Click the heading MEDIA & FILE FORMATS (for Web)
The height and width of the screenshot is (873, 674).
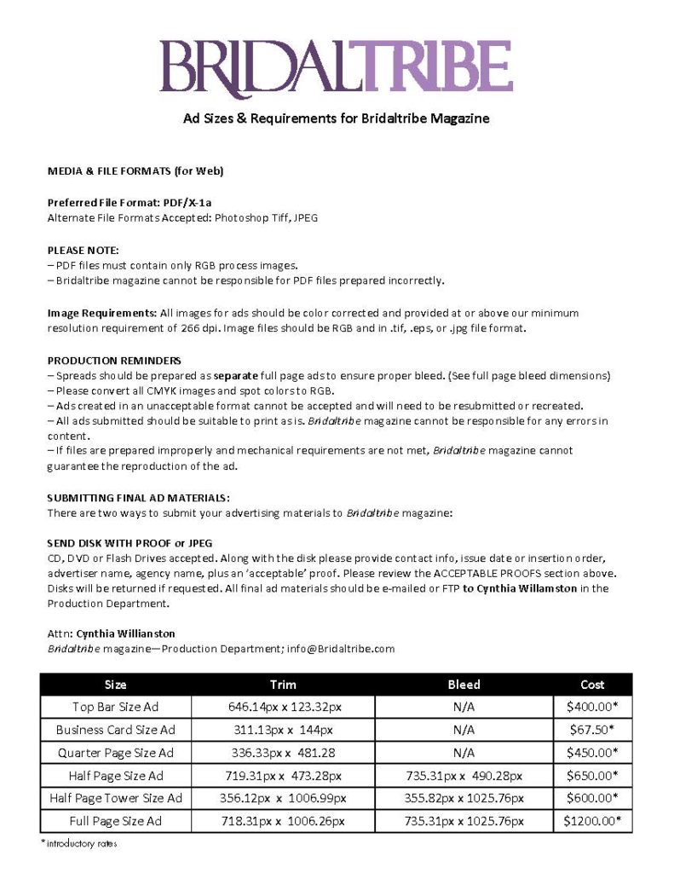pos(135,171)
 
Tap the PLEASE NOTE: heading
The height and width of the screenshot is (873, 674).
pos(84,250)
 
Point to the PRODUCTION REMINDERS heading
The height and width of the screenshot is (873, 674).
pos(114,361)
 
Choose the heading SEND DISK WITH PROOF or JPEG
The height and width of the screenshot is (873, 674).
pos(130,542)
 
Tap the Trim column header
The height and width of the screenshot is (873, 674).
pos(283,685)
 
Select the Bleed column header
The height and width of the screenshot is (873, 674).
pos(464,685)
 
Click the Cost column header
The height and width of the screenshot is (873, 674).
pos(592,685)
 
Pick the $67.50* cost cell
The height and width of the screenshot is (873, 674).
pos(592,730)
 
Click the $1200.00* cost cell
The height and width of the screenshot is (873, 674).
pos(592,821)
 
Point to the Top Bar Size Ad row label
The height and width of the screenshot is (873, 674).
pos(116,707)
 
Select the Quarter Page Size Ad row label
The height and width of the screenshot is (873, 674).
pos(116,753)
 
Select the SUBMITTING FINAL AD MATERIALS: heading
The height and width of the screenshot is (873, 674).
pos(139,497)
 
